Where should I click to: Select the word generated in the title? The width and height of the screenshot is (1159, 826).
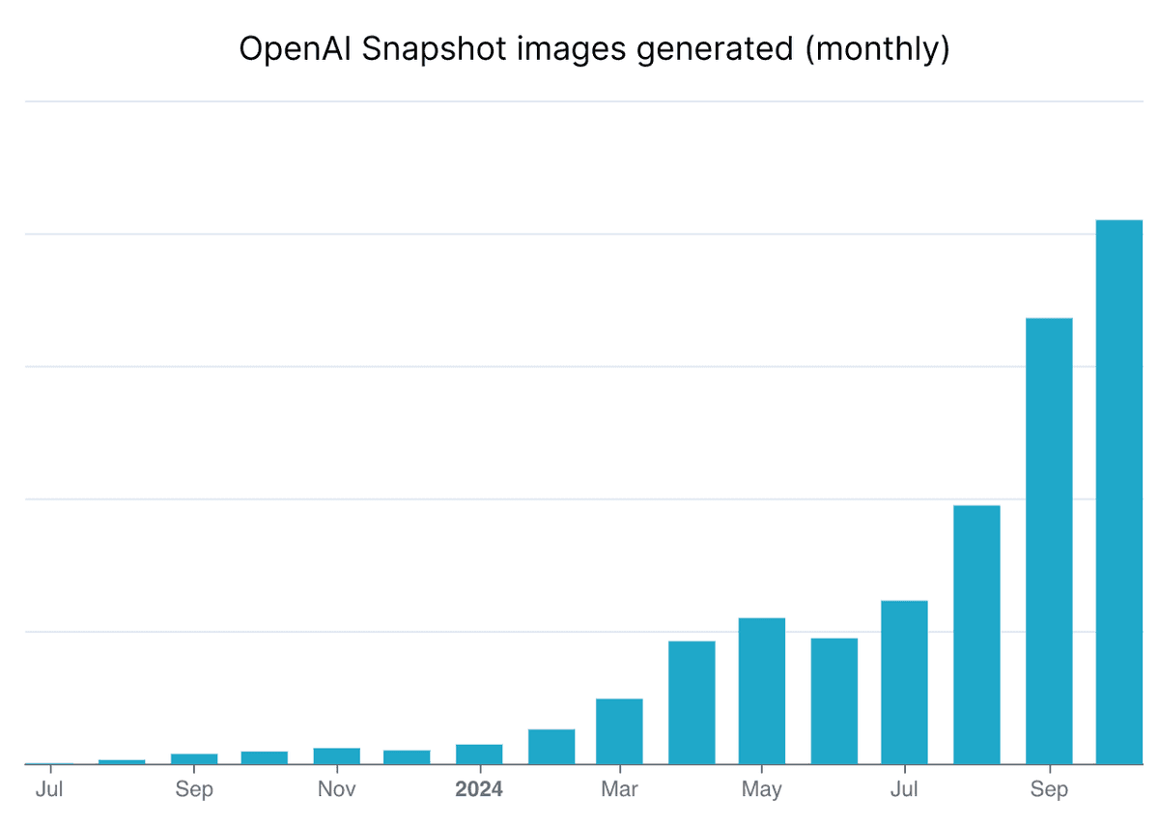pyautogui.click(x=717, y=48)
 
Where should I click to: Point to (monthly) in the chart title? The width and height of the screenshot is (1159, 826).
pyautogui.click(x=877, y=48)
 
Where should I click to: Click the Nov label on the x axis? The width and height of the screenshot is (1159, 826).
pyautogui.click(x=336, y=789)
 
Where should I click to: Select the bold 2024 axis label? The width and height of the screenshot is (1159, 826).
pyautogui.click(x=479, y=789)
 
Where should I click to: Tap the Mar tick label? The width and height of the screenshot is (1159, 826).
pyautogui.click(x=619, y=789)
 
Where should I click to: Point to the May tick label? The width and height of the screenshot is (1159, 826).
pyautogui.click(x=762, y=789)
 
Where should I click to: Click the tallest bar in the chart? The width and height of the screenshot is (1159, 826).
pyautogui.click(x=1120, y=493)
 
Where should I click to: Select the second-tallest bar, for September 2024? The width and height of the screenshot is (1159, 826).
pyautogui.click(x=1049, y=541)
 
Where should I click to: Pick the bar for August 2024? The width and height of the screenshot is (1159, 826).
pyautogui.click(x=976, y=635)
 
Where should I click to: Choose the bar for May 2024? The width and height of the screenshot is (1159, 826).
pyautogui.click(x=762, y=691)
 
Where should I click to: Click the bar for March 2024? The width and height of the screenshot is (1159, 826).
pyautogui.click(x=619, y=731)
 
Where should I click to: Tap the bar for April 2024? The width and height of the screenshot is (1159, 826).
pyautogui.click(x=692, y=702)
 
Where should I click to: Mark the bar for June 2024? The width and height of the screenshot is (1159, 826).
pyautogui.click(x=834, y=701)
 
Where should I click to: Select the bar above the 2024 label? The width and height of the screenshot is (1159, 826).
pyautogui.click(x=479, y=755)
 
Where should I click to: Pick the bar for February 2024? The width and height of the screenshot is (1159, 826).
pyautogui.click(x=551, y=747)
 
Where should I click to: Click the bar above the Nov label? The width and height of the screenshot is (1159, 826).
pyautogui.click(x=336, y=756)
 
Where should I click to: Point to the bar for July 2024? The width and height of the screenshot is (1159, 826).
pyautogui.click(x=904, y=682)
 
